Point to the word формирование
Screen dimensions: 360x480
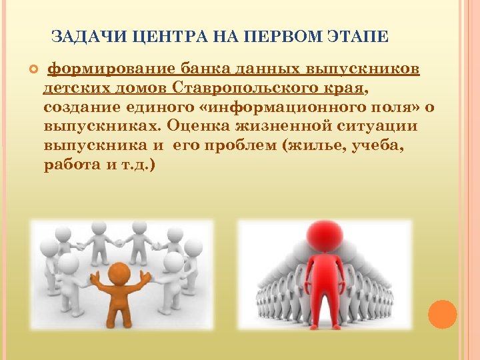tap(113, 69)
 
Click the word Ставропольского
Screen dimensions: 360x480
tap(268, 88)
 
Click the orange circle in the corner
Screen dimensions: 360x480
tap(441, 314)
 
